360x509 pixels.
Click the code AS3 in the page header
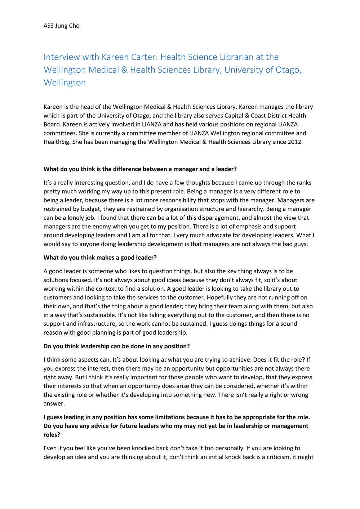(x=49, y=26)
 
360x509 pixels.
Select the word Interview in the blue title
(x=62, y=57)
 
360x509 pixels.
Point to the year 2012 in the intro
(x=294, y=142)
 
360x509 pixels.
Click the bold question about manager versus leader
(x=140, y=169)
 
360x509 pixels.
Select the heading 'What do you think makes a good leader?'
(x=100, y=258)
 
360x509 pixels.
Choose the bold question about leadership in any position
(x=116, y=346)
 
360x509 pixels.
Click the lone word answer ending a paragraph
(x=54, y=403)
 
